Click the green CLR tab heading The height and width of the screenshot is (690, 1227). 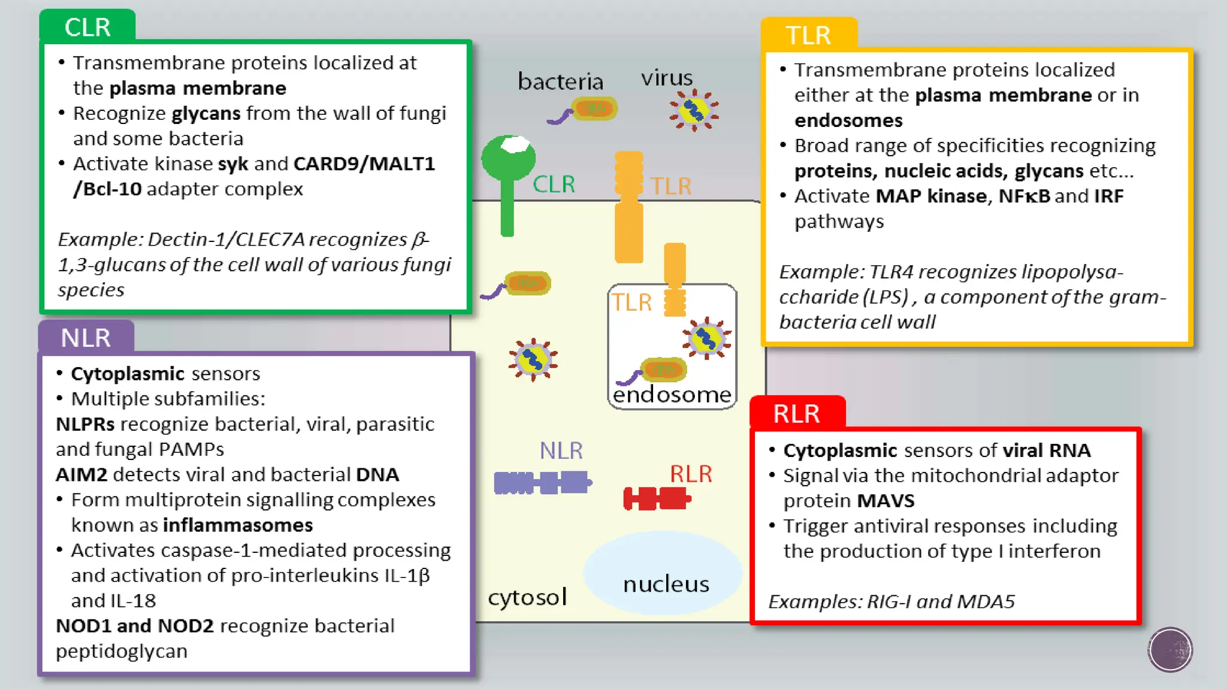coord(87,28)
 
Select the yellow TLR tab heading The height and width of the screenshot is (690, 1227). coord(808,35)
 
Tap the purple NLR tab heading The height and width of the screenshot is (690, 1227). coord(86,338)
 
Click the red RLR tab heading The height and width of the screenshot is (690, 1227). coord(796,414)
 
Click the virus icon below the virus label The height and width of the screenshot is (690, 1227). coord(694,111)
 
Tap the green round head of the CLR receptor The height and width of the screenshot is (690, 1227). coord(508,156)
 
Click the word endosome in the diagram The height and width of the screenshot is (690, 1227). coord(672,395)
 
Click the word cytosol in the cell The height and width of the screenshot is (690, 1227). coord(527,597)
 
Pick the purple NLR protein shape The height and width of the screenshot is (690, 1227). coord(542,483)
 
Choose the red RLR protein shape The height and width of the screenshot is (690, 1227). coord(657,498)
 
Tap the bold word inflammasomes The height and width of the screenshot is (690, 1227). coord(238,525)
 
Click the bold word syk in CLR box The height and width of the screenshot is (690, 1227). coord(233,164)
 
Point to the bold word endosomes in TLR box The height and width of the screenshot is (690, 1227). coord(848,120)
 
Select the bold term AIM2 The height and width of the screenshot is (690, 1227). coord(81,475)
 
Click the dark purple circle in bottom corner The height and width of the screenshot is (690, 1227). coord(1170,649)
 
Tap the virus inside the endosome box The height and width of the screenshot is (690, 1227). coord(706,339)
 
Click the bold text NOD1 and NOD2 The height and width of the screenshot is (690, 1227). coord(135,626)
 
